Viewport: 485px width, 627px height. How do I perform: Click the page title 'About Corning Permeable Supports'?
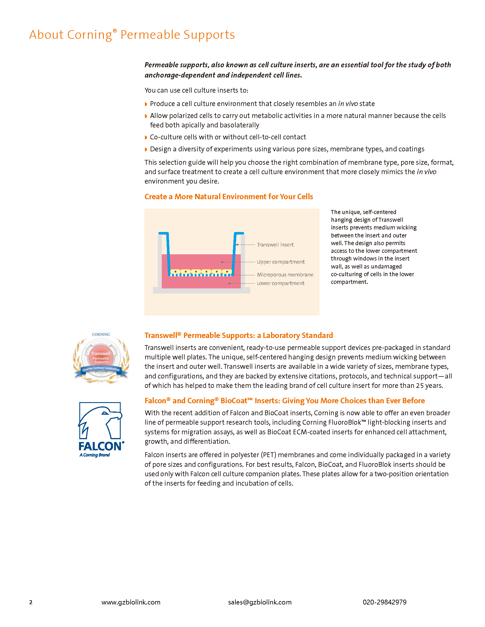(132, 35)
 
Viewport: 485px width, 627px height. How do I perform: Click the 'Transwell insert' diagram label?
(275, 245)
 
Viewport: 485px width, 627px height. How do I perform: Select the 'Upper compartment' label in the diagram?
(280, 262)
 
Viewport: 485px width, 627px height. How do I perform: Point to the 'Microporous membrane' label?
(285, 275)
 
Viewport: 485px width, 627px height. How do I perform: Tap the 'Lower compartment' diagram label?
(280, 283)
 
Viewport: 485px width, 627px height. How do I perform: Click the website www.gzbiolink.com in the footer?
(131, 602)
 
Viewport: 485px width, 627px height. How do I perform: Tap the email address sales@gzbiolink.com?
(260, 602)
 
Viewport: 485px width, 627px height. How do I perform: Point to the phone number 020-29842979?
(385, 602)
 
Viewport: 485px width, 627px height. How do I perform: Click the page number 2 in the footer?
(31, 602)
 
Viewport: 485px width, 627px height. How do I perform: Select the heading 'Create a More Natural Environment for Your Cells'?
(229, 197)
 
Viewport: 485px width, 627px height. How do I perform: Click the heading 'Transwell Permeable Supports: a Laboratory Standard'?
(239, 335)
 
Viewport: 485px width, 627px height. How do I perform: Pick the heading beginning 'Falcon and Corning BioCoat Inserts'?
(284, 400)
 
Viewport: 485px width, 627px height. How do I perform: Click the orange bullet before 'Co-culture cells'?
(146, 137)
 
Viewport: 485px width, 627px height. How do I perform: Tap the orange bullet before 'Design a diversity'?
(146, 149)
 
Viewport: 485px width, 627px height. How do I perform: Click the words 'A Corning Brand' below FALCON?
(95, 455)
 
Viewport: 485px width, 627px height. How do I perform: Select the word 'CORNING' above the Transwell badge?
(101, 335)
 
